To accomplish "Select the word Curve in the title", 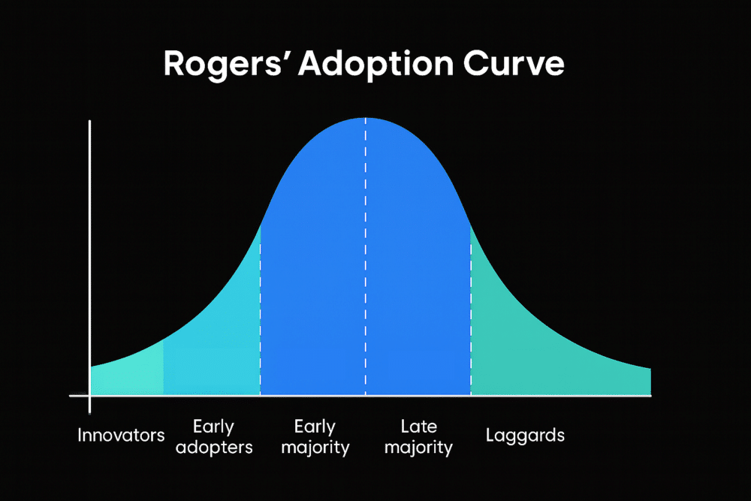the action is pyautogui.click(x=514, y=63).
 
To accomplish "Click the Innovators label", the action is pyautogui.click(x=121, y=435).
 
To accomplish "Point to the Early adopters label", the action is pyautogui.click(x=214, y=436).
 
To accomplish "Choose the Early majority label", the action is pyautogui.click(x=315, y=437).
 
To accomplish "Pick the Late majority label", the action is pyautogui.click(x=418, y=437).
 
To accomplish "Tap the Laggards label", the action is pyautogui.click(x=525, y=436).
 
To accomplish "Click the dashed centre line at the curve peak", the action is pyautogui.click(x=366, y=257).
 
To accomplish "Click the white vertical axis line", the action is pyautogui.click(x=89, y=267).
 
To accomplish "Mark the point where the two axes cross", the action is pyautogui.click(x=89, y=396).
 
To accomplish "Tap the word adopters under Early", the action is pyautogui.click(x=214, y=448).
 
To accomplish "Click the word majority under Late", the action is pyautogui.click(x=418, y=448).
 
